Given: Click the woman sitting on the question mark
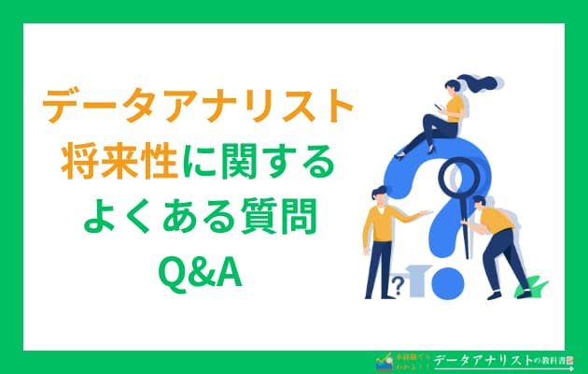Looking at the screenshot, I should [447, 112].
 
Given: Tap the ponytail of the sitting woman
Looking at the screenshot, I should [484, 86].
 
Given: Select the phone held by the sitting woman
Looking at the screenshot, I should [437, 96].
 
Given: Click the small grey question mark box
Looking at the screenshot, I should [399, 284].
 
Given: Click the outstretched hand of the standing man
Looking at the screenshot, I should [427, 214].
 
